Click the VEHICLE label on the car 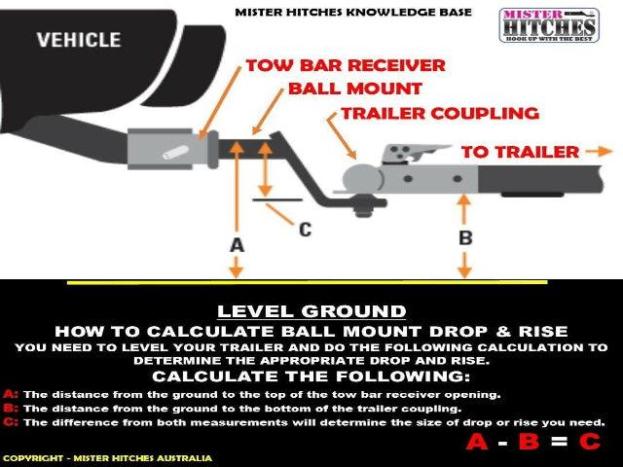[x=79, y=40]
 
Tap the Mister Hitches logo [x=549, y=25]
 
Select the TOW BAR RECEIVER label [x=346, y=65]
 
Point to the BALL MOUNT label [x=354, y=89]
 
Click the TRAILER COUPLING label [x=440, y=114]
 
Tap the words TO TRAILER [x=520, y=152]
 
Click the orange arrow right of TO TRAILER [x=600, y=152]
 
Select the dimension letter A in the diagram [x=237, y=245]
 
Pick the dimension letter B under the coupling [x=465, y=237]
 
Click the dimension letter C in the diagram [x=305, y=230]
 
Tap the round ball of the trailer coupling [x=361, y=179]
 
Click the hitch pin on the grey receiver [x=175, y=153]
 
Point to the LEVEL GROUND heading [x=311, y=311]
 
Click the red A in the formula [x=477, y=442]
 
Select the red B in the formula [x=529, y=442]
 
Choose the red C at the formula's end [x=589, y=442]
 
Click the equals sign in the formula [x=559, y=442]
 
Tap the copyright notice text [x=107, y=458]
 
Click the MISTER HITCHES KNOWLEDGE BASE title [x=353, y=13]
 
